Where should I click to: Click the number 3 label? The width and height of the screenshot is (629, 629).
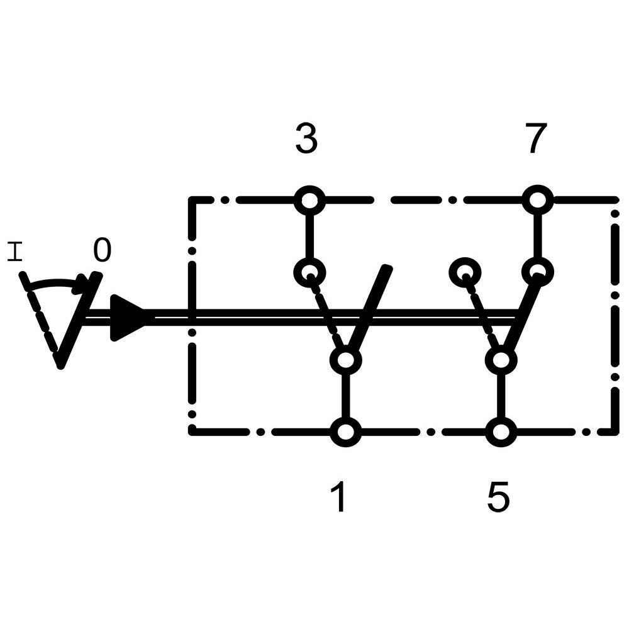(x=306, y=139)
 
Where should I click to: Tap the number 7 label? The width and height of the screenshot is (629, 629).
(x=535, y=139)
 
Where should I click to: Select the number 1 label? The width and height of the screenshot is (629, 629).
(x=339, y=498)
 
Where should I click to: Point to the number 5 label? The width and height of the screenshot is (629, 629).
(x=498, y=498)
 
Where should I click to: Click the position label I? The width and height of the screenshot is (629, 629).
(x=15, y=253)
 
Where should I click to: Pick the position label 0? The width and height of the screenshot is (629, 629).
(x=102, y=251)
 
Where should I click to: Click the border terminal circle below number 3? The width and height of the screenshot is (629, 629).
(x=309, y=201)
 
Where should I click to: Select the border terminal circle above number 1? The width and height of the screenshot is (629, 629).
(x=345, y=432)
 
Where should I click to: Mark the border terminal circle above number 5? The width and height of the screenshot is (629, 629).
(x=501, y=432)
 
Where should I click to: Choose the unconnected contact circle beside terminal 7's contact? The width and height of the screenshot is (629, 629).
(x=465, y=272)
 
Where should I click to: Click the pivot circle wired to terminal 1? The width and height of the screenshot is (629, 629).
(x=345, y=360)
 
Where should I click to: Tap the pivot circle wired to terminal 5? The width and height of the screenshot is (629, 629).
(x=501, y=360)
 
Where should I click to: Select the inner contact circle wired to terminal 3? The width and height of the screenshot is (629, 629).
(x=309, y=272)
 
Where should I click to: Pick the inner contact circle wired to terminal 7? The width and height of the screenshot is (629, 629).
(x=538, y=272)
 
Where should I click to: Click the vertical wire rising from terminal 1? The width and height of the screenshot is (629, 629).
(x=345, y=396)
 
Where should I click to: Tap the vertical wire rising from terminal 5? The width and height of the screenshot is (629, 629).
(x=501, y=396)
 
